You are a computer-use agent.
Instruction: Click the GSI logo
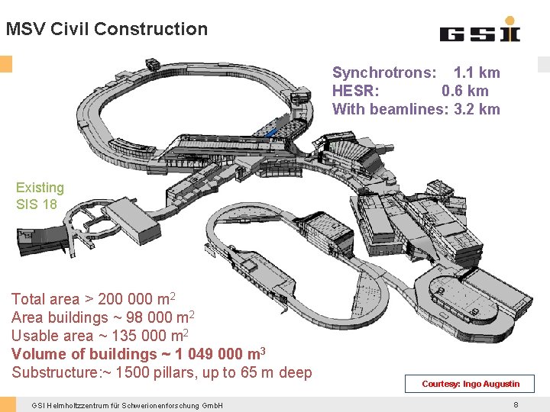pyautogui.click(x=480, y=30)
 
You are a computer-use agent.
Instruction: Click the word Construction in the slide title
pyautogui.click(x=151, y=29)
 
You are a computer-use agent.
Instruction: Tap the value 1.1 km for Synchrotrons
pyautogui.click(x=477, y=72)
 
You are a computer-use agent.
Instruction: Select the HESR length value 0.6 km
pyautogui.click(x=464, y=91)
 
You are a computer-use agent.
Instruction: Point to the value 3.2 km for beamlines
pyautogui.click(x=477, y=109)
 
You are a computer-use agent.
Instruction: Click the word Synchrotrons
pyautogui.click(x=384, y=73)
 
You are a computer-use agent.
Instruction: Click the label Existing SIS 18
pyautogui.click(x=40, y=196)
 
